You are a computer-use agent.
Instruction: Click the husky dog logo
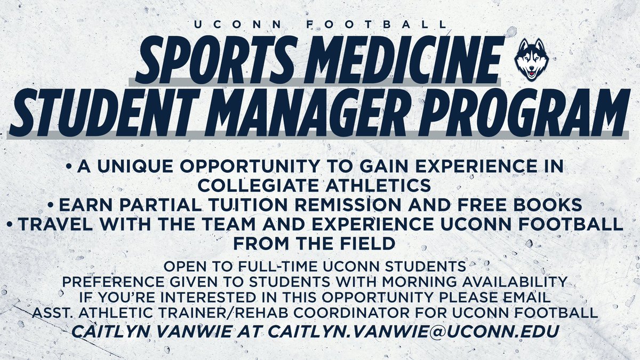coord(531,59)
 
